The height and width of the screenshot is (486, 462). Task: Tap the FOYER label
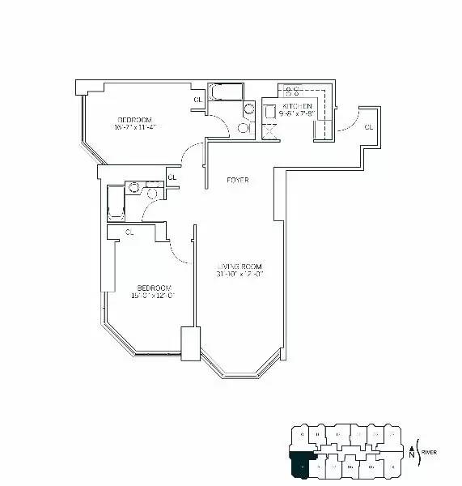point(237,180)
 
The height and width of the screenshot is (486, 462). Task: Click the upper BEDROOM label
point(134,120)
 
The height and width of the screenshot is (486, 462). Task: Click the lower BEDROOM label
point(153,288)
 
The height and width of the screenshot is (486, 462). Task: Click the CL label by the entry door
point(368,127)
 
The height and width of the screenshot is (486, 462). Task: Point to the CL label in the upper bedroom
point(197,100)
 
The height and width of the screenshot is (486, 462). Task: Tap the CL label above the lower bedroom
point(129,232)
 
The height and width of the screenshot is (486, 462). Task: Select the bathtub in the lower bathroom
point(116,203)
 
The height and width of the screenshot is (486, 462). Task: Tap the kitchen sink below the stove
point(270,127)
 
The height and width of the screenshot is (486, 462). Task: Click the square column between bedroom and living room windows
point(190,343)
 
